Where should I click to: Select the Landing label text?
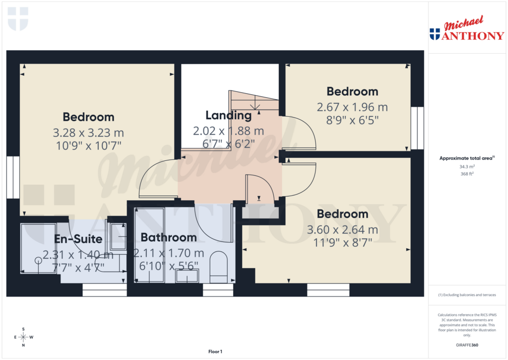(229, 115)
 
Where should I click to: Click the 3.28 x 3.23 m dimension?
(88, 133)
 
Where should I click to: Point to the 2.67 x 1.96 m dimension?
(352, 107)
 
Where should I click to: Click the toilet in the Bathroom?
(218, 266)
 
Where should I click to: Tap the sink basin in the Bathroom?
(187, 276)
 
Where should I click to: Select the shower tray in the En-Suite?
(38, 248)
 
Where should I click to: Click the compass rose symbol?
(23, 337)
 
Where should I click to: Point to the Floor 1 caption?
(215, 352)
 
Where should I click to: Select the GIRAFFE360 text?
(466, 345)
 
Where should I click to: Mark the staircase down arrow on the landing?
(255, 104)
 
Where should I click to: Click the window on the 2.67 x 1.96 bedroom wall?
(418, 128)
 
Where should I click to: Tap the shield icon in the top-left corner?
(18, 18)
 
